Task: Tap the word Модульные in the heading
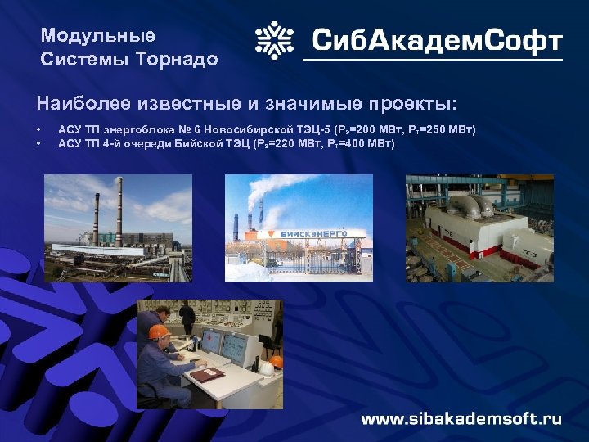(x=97, y=36)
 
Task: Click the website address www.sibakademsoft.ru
(x=461, y=418)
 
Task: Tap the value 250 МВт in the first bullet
(x=447, y=131)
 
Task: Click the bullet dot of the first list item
(x=38, y=131)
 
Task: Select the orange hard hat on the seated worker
(x=159, y=332)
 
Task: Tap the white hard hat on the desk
(x=276, y=361)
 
